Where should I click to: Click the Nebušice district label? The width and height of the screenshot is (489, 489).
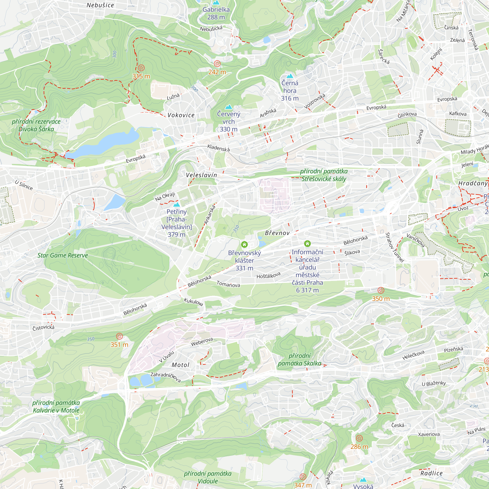click(x=100, y=5)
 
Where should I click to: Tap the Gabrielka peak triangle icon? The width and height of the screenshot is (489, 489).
click(x=216, y=2)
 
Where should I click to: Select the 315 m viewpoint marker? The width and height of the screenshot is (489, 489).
click(x=141, y=68)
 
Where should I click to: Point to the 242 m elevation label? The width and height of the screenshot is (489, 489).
click(x=217, y=72)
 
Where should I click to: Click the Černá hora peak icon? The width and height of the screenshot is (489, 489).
click(x=289, y=76)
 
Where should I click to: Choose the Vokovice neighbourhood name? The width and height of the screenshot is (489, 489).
click(x=181, y=115)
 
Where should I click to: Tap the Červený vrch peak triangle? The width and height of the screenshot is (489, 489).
click(x=229, y=107)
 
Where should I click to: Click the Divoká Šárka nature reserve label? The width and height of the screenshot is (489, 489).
click(x=36, y=125)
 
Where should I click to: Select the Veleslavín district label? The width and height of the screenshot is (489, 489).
click(x=201, y=175)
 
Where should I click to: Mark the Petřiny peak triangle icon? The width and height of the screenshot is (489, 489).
click(x=177, y=204)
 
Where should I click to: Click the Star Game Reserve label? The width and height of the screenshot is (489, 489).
click(x=63, y=256)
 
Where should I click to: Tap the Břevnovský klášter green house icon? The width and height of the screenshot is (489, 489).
click(x=244, y=244)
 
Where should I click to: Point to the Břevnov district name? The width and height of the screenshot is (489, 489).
click(x=277, y=233)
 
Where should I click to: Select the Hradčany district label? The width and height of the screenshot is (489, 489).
click(x=473, y=183)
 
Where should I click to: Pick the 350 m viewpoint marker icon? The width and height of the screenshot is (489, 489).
click(x=381, y=290)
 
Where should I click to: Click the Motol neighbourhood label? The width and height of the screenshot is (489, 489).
click(x=180, y=365)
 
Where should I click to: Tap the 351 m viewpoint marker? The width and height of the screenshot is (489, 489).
click(x=119, y=336)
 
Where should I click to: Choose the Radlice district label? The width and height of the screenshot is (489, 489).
click(x=432, y=473)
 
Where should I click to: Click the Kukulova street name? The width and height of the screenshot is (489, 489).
click(x=193, y=302)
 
